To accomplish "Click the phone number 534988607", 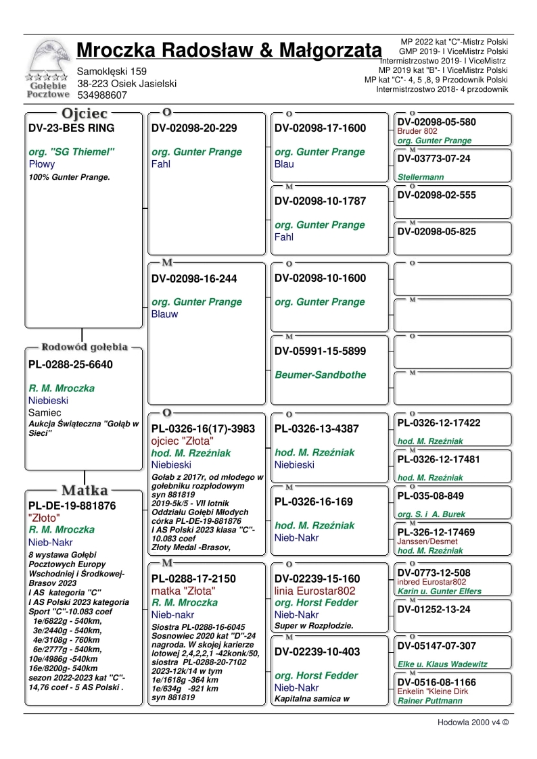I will tap(102, 95).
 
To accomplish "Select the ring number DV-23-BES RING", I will tap(72, 128).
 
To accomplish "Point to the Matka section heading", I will tap(85, 490).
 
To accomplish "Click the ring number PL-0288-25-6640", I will tap(70, 365).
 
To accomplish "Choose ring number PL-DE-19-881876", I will tap(72, 506).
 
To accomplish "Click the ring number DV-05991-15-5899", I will tap(320, 351).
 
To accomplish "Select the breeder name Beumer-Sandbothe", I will tap(320, 374).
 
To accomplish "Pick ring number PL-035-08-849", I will tap(430, 496).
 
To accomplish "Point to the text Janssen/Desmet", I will tap(427, 541).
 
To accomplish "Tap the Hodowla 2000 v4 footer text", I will tap(472, 722).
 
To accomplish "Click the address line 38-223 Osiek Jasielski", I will tap(127, 83).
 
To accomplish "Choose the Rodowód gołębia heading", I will tap(85, 347).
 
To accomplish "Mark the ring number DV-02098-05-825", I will tap(436, 232).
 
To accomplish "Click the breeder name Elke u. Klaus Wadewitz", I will tap(442, 664).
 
